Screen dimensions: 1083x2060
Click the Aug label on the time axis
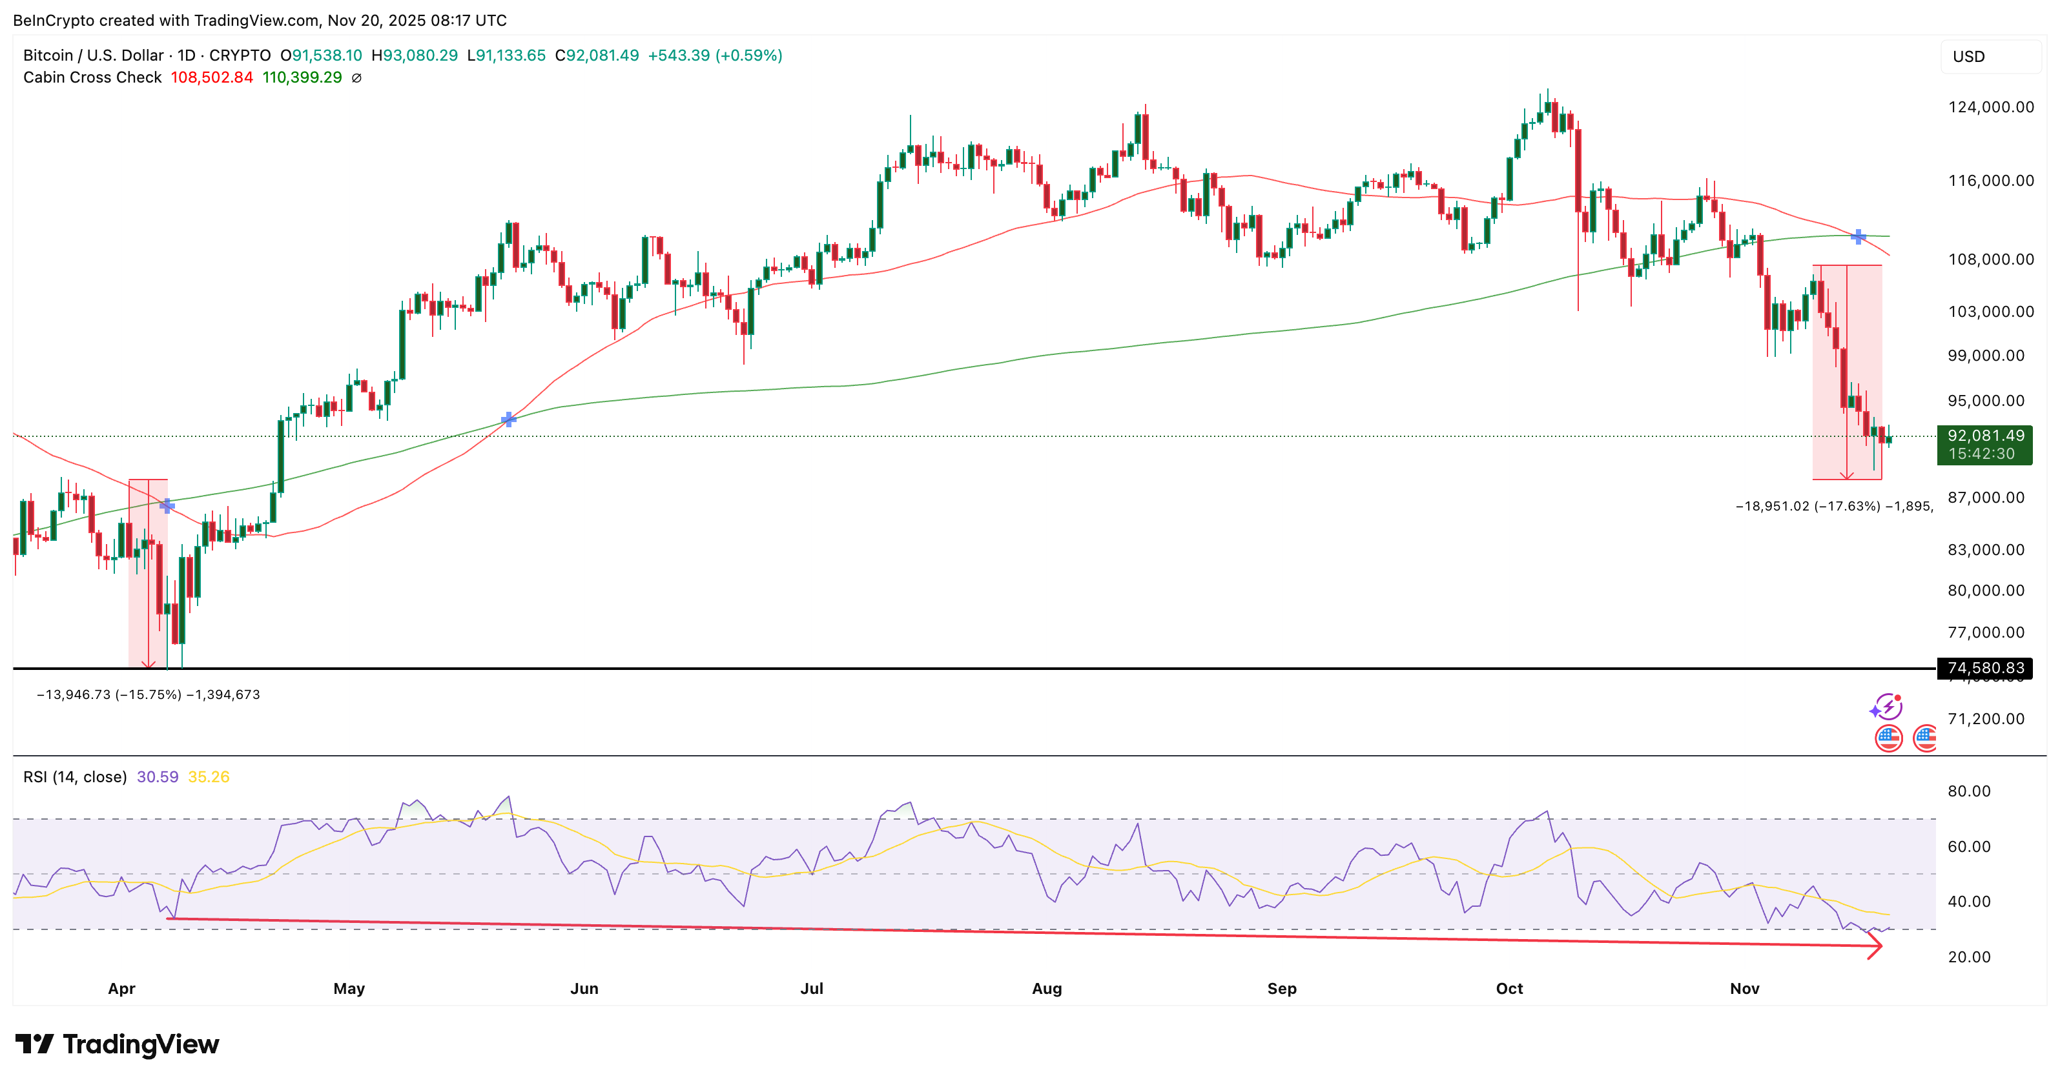point(1046,989)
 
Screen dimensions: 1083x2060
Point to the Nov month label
point(1744,989)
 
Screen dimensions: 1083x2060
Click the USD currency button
point(1969,57)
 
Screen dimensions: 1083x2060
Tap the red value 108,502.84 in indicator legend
point(211,77)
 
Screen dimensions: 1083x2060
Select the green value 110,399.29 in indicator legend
point(302,77)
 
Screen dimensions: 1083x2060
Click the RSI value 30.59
point(158,777)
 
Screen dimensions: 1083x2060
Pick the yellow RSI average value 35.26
point(209,777)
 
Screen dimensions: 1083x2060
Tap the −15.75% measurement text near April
point(149,694)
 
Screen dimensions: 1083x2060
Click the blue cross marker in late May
point(509,420)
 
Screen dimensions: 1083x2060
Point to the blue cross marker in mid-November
point(1858,237)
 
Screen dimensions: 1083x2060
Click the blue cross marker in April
point(167,505)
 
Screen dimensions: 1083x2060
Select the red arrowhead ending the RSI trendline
point(1875,946)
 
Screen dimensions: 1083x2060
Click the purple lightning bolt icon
point(1888,707)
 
